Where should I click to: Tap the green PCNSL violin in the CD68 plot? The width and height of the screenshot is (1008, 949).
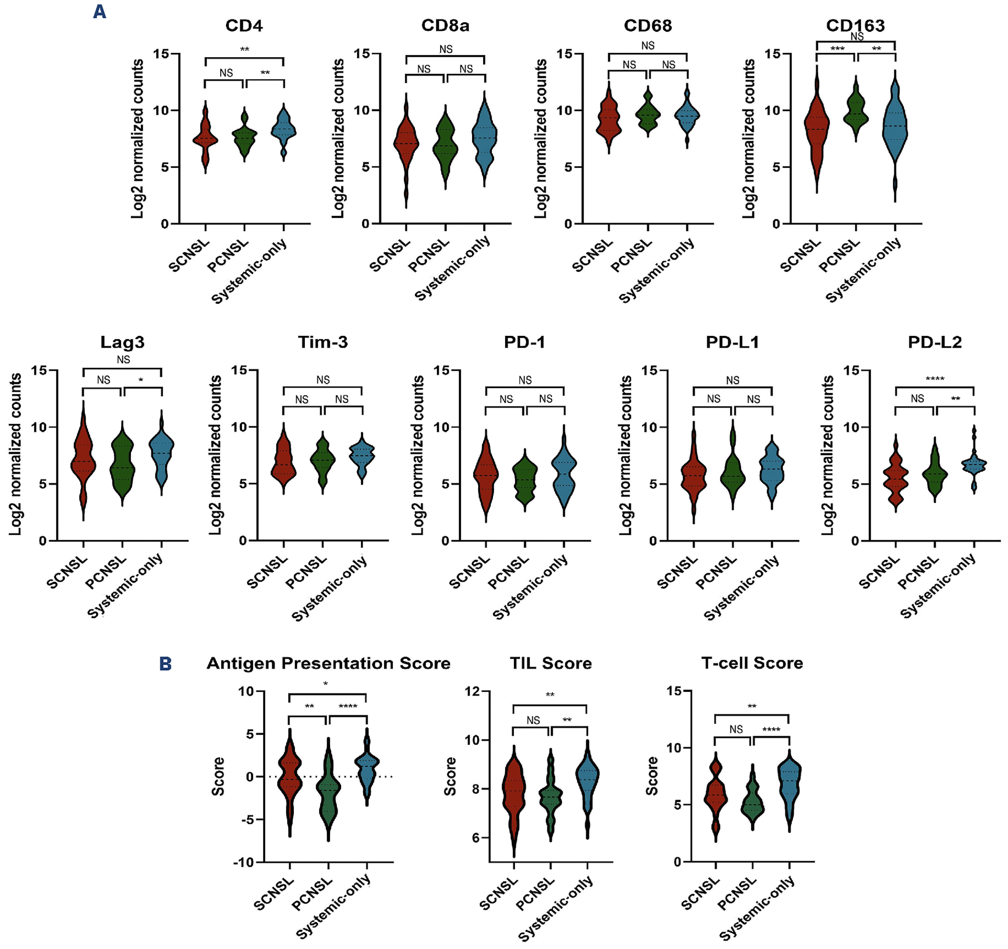[648, 114]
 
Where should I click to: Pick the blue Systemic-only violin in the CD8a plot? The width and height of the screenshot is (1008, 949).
[485, 137]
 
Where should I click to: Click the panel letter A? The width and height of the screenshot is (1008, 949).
[99, 11]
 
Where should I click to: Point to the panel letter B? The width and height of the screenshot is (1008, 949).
[165, 664]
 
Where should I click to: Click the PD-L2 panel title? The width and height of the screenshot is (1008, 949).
[935, 343]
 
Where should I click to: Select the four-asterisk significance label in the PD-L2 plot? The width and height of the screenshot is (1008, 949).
[935, 379]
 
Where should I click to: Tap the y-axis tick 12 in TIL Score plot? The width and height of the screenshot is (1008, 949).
[473, 691]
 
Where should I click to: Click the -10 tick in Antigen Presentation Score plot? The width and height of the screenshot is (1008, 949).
[243, 862]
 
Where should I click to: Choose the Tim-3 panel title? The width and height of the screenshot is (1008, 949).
[323, 343]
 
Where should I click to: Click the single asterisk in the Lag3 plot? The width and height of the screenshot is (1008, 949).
[141, 380]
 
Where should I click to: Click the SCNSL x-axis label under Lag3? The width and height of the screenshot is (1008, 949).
[67, 572]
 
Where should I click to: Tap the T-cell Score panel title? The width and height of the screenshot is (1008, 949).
[752, 663]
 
